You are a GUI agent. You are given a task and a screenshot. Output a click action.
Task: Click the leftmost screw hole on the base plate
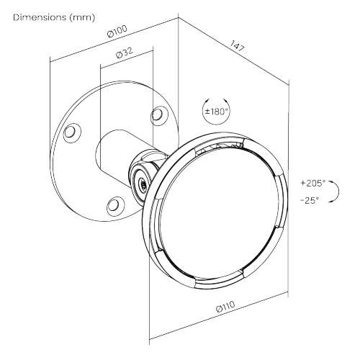(x=70, y=132)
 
